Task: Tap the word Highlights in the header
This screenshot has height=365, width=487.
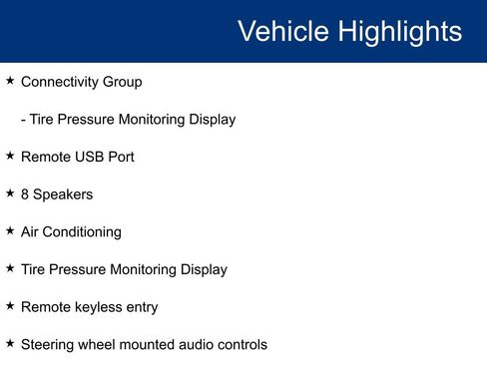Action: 400,31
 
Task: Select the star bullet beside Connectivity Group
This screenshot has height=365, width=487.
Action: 10,81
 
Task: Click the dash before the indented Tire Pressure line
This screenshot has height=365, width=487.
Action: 23,120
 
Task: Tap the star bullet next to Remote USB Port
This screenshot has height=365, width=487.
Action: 10,156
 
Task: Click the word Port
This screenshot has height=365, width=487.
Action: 121,157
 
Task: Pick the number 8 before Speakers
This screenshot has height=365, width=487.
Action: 25,194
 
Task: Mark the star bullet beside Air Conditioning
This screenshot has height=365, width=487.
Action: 10,230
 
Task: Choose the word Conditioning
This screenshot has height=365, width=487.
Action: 84,232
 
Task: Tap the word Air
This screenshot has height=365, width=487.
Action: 31,231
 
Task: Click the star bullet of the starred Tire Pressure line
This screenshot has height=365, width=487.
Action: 10,268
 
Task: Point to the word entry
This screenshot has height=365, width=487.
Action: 141,307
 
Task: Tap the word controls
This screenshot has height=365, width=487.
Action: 240,344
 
